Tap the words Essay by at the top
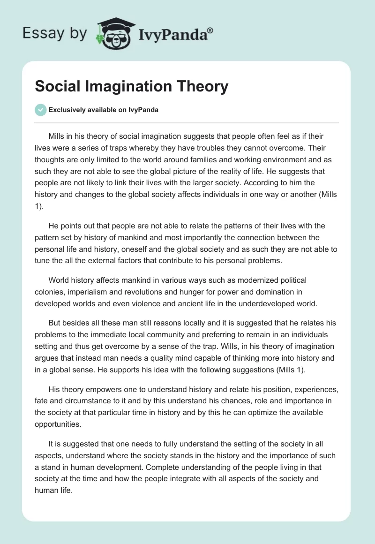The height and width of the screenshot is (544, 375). click(55, 33)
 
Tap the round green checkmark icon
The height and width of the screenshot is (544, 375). click(40, 110)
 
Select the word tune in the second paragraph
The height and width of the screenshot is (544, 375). click(42, 260)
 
